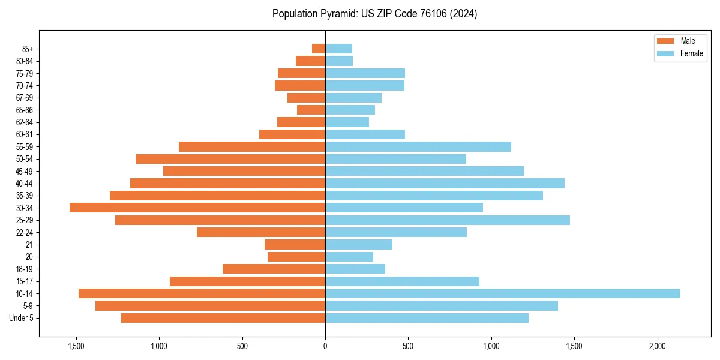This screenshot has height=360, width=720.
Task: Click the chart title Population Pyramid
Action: coord(374,14)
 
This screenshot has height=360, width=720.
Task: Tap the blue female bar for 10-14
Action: coord(503,293)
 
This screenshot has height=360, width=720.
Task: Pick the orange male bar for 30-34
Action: coord(197,208)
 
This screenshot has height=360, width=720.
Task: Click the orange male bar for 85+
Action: coord(319,49)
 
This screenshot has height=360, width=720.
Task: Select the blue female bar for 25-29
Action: coord(448,220)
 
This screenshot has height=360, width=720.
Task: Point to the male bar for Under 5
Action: coord(223,318)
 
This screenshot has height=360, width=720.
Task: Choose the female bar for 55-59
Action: coord(418,146)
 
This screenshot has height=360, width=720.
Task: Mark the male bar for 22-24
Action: coord(261,232)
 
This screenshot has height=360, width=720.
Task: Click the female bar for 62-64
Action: coord(347,122)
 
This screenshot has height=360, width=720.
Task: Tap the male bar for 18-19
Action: coord(274,269)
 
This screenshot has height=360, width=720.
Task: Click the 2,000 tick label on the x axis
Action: coord(658,346)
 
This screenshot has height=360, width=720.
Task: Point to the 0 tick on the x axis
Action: coord(325,346)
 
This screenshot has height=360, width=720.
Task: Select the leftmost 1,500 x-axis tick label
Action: coord(76,346)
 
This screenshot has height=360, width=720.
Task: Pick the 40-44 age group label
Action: coord(25,184)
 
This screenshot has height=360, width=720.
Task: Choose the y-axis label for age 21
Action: coord(29,245)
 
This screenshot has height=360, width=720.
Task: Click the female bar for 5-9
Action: coord(442,306)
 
